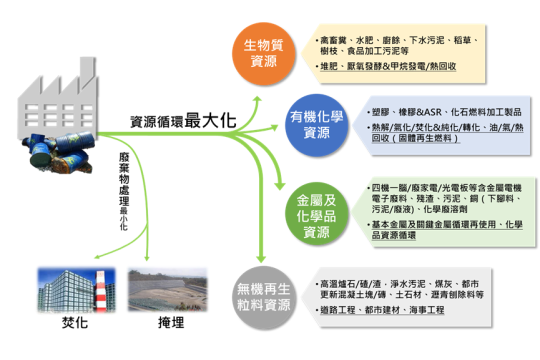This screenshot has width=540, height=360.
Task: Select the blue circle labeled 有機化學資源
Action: [x=316, y=125]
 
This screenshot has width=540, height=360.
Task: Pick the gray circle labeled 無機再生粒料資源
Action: [x=263, y=297]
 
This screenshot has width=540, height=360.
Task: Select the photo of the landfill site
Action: [x=167, y=289]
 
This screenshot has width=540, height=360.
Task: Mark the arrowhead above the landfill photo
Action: [x=147, y=257]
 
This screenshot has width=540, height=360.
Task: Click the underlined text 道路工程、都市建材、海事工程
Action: [x=382, y=310]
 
